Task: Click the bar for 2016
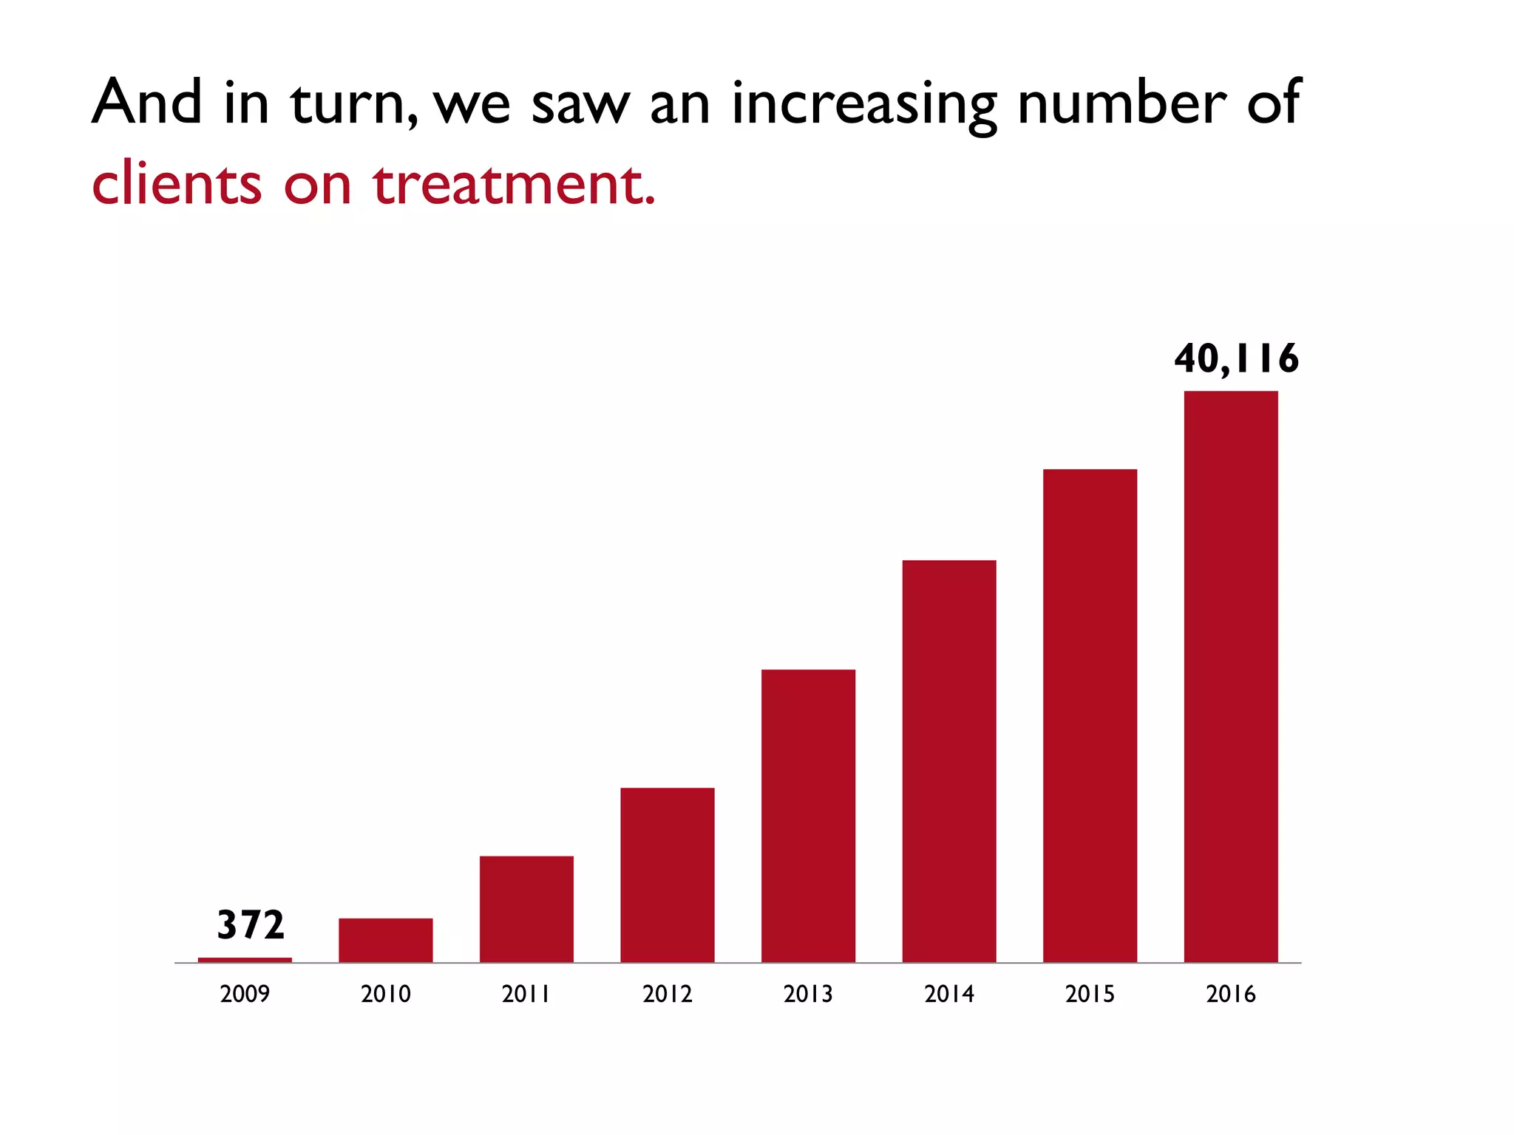[x=1231, y=676]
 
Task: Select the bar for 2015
[x=1090, y=715]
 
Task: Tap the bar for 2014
[x=949, y=761]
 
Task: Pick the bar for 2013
[x=808, y=816]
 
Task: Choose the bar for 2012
[x=668, y=875]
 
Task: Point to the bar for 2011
[x=526, y=909]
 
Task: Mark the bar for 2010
[x=386, y=940]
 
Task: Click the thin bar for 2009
[x=245, y=960]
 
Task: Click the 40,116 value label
[x=1236, y=359]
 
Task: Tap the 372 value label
[x=251, y=925]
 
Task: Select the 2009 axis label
[x=245, y=994]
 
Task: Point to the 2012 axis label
[x=668, y=994]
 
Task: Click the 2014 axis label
[x=949, y=994]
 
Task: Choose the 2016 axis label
[x=1231, y=994]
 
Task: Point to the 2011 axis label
[x=526, y=994]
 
